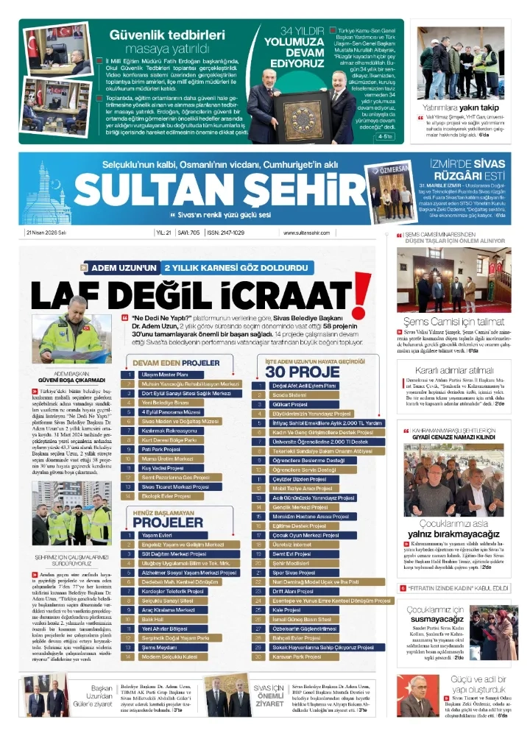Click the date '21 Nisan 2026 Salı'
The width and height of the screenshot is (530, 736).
click(x=46, y=233)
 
